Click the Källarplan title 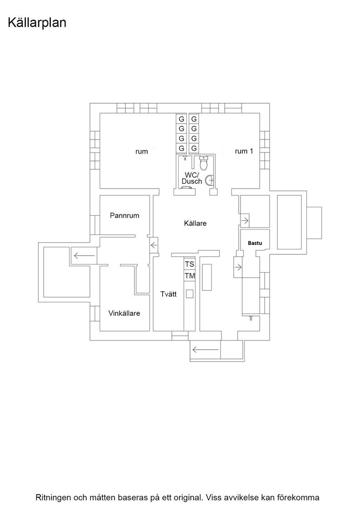37,23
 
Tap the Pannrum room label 125,215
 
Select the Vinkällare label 125,313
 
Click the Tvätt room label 169,294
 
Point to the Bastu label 255,243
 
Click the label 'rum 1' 244,151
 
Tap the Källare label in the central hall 195,223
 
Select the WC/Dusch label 192,178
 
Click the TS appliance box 190,264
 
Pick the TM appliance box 190,276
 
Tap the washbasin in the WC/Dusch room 210,179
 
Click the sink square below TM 190,294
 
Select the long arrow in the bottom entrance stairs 205,349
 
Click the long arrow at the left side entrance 85,256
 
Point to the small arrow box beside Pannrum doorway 154,245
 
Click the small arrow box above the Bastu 245,221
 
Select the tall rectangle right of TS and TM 207,277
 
